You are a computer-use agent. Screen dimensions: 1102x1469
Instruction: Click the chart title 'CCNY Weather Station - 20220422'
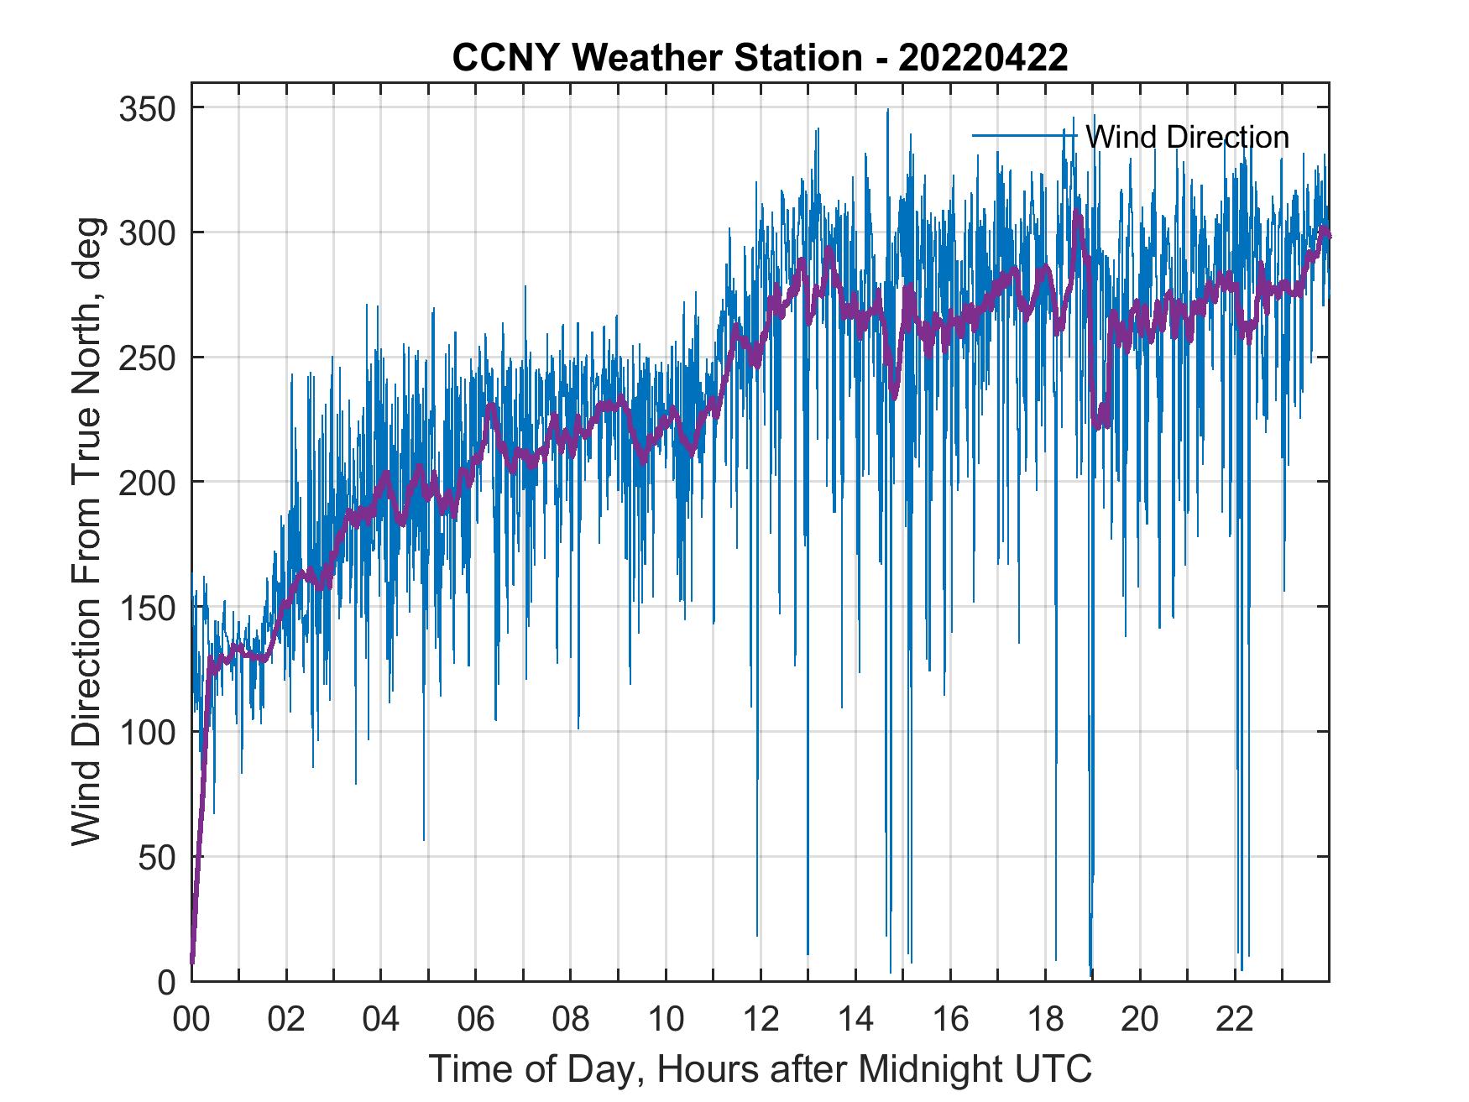click(760, 58)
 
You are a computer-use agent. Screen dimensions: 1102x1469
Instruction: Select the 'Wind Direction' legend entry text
click(1187, 137)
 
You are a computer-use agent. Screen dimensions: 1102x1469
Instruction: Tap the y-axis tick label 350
click(147, 108)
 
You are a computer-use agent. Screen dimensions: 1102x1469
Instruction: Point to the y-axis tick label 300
click(147, 232)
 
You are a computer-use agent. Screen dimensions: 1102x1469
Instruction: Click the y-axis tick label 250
click(147, 358)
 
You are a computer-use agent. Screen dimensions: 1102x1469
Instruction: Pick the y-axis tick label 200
click(147, 482)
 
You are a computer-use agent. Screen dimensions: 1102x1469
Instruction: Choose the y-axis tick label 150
click(147, 607)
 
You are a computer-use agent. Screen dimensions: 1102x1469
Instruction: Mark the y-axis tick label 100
click(147, 732)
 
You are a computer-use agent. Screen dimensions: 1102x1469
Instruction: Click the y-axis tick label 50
click(156, 857)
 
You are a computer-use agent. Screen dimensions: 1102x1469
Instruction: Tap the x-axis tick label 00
click(191, 1020)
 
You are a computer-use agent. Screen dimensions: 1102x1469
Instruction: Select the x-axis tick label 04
click(381, 1020)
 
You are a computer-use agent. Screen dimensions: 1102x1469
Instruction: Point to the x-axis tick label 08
click(571, 1020)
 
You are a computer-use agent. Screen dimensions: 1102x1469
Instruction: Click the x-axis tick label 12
click(761, 1020)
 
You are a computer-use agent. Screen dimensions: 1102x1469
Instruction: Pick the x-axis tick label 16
click(950, 1020)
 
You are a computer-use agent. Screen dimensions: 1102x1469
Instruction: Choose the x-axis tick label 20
click(1140, 1020)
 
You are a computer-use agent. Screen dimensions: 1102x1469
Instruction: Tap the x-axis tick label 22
click(1235, 1020)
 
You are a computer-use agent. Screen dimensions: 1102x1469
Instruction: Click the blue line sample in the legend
click(1024, 135)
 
